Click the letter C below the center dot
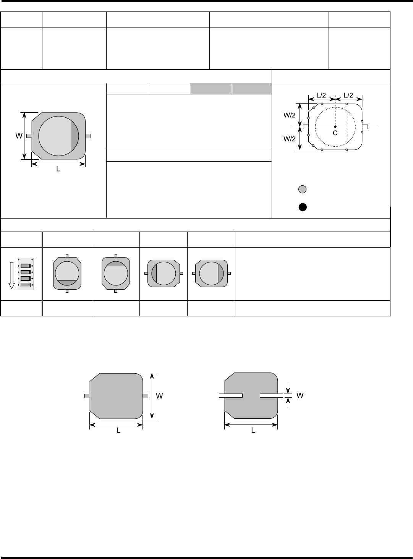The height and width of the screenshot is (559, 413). click(x=335, y=133)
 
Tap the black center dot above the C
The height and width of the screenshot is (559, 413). click(x=335, y=126)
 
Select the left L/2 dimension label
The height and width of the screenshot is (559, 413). click(x=321, y=95)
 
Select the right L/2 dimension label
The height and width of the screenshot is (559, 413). click(x=348, y=95)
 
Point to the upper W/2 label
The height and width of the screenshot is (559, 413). click(x=290, y=115)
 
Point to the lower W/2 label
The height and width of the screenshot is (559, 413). click(x=290, y=139)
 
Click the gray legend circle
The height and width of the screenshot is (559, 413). click(x=302, y=189)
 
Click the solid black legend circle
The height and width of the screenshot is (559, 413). click(x=303, y=207)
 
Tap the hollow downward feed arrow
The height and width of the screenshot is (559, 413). click(x=11, y=275)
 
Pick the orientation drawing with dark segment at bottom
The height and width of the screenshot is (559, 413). click(x=67, y=274)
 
